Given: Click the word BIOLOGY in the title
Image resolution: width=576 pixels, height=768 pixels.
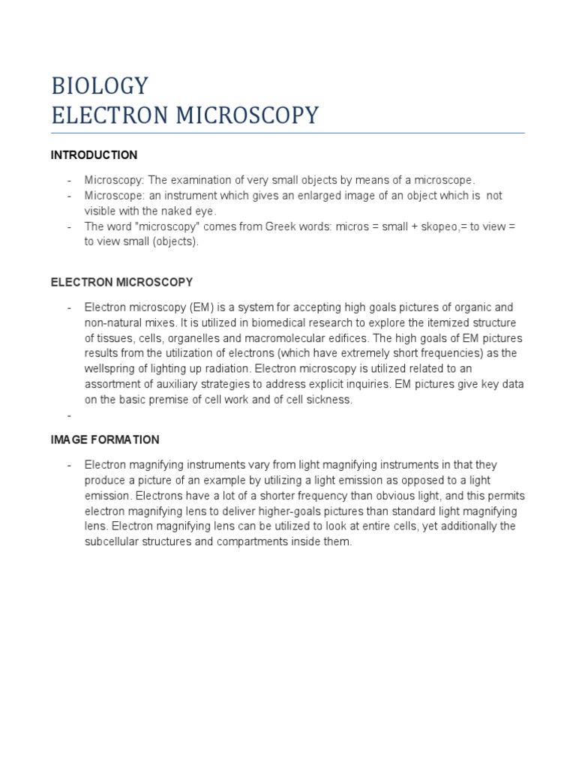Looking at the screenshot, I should coord(100,85).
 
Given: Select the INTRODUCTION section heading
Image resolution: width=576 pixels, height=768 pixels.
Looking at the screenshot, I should coord(94,155).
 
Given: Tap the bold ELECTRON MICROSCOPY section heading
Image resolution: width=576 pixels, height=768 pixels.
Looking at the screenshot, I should coord(121,283).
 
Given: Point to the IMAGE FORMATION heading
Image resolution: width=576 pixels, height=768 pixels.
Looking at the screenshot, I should coord(105,439).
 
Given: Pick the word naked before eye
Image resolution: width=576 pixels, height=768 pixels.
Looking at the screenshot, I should coord(167,211).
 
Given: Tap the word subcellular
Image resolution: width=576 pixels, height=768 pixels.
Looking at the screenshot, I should coord(112,541).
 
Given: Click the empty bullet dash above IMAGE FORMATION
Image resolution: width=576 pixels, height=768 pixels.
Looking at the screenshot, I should coord(68,415).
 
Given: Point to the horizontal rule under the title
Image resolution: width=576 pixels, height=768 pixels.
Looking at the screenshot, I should coord(288,133).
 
